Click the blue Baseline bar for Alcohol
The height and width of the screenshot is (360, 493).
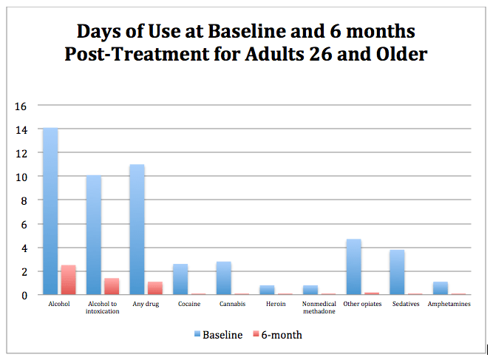pyautogui.click(x=50, y=211)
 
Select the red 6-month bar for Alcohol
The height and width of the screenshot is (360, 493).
pyautogui.click(x=68, y=280)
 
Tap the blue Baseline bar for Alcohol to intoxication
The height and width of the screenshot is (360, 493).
pyautogui.click(x=94, y=235)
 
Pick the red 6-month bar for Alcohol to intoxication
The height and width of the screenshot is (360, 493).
pyautogui.click(x=112, y=286)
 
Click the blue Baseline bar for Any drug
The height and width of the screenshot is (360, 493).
pyautogui.click(x=137, y=229)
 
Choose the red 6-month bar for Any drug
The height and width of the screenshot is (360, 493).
pyautogui.click(x=155, y=288)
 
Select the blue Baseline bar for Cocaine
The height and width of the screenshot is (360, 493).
pyautogui.click(x=180, y=279)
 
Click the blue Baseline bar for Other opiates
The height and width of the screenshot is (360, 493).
pyautogui.click(x=353, y=267)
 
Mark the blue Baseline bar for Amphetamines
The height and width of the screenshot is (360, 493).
pyautogui.click(x=441, y=288)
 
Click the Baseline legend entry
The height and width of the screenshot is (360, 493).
pyautogui.click(x=218, y=335)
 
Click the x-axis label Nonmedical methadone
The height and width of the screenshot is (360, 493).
pyautogui.click(x=319, y=307)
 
